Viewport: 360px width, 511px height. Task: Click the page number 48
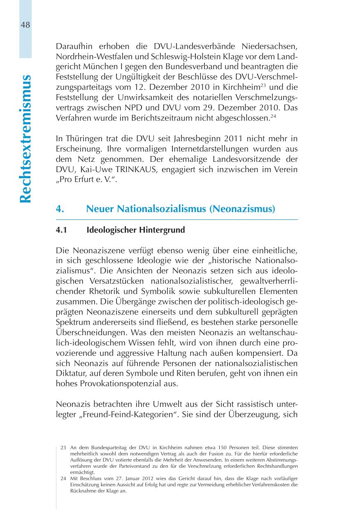pos(25,25)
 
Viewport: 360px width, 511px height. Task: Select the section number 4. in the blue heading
pos(60,209)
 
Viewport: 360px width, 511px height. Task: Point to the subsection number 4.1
pos(61,230)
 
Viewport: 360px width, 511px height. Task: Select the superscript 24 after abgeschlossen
pos(273,116)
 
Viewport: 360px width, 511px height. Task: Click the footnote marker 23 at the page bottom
pos(63,447)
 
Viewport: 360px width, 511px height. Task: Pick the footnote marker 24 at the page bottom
pos(63,478)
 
